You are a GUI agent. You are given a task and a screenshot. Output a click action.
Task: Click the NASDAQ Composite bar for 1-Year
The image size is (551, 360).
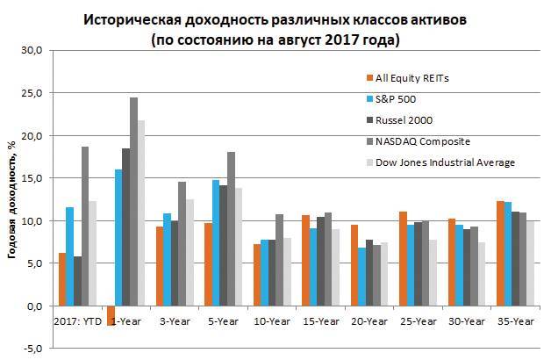pyautogui.click(x=134, y=202)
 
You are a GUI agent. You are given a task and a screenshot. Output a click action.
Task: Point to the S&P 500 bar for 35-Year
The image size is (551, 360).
pyautogui.click(x=507, y=254)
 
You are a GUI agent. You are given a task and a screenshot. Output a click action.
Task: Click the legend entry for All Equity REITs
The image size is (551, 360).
pyautogui.click(x=413, y=78)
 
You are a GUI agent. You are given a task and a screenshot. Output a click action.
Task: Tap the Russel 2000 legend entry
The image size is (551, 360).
pyautogui.click(x=404, y=120)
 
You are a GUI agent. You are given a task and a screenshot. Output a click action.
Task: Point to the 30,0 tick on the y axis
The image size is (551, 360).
pyautogui.click(x=32, y=51)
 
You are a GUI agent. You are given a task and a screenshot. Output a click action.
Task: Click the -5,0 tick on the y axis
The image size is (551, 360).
pyautogui.click(x=32, y=349)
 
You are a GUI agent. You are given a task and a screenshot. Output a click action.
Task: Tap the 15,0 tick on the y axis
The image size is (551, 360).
pyautogui.click(x=32, y=178)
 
